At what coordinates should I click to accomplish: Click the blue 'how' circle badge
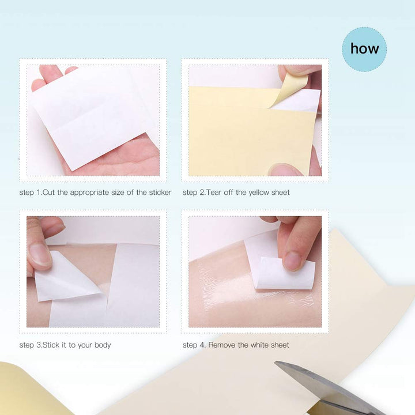pos(364,49)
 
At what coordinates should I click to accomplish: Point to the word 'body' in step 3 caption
pos(102,345)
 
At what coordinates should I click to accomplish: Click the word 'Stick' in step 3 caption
pos(50,345)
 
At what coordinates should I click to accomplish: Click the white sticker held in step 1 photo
pos(92,115)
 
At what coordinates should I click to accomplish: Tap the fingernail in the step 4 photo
pos(293,260)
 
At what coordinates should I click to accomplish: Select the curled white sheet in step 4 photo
pos(285,274)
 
